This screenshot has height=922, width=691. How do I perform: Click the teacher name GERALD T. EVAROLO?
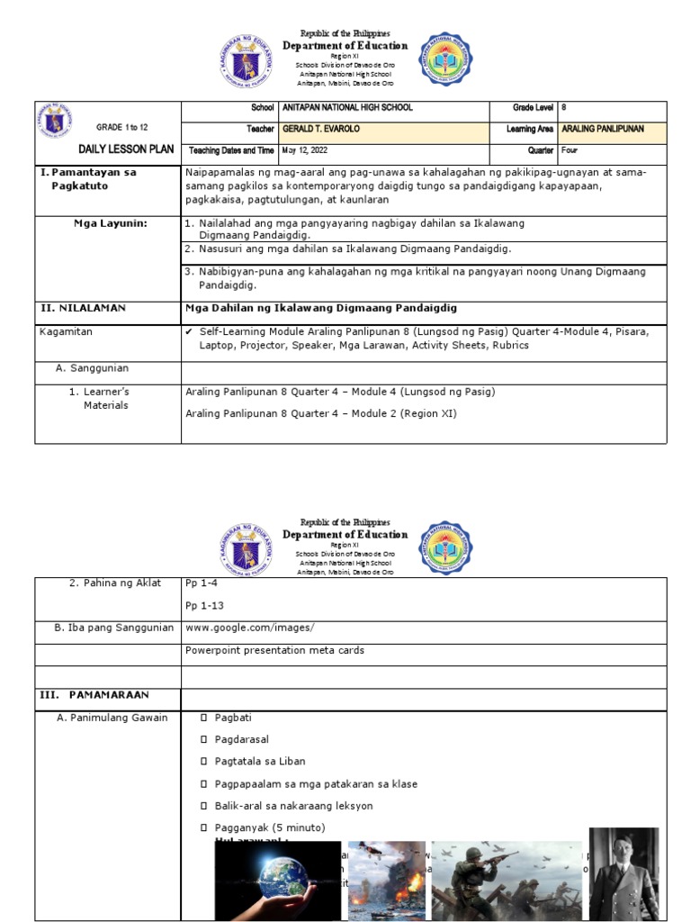coord(321,129)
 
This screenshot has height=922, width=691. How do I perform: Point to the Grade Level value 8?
coord(563,108)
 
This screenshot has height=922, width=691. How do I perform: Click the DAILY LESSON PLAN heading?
coord(112,149)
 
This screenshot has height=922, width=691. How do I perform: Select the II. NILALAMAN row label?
coord(83,308)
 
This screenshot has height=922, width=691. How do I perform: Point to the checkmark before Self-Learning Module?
coord(188,332)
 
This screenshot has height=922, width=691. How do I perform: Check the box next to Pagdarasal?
coord(204,740)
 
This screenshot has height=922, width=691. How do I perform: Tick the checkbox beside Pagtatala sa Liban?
coord(204,762)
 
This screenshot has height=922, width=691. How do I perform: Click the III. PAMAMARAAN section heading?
coord(94,695)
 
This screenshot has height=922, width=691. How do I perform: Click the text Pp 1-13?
coord(202,605)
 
